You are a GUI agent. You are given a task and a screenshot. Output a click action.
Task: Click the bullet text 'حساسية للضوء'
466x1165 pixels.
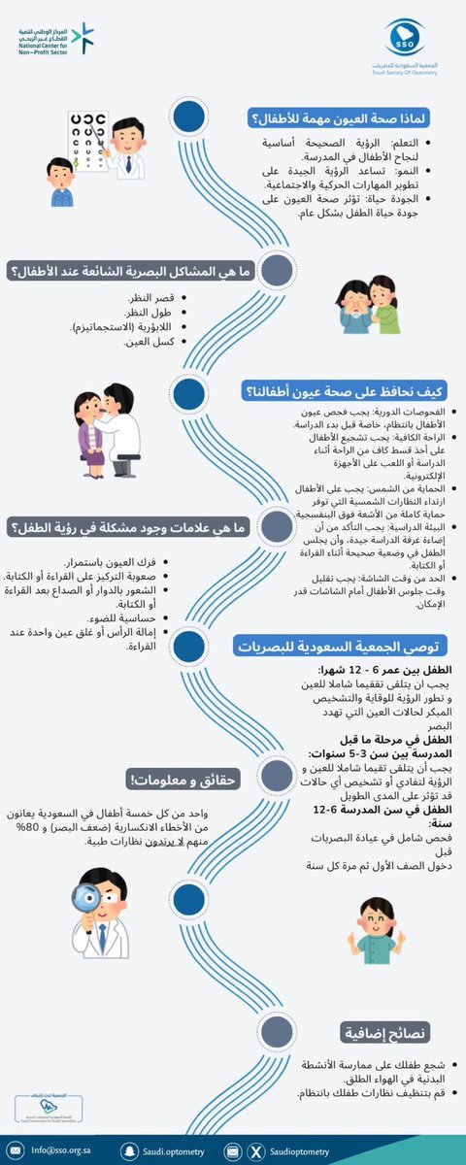coord(130,616)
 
